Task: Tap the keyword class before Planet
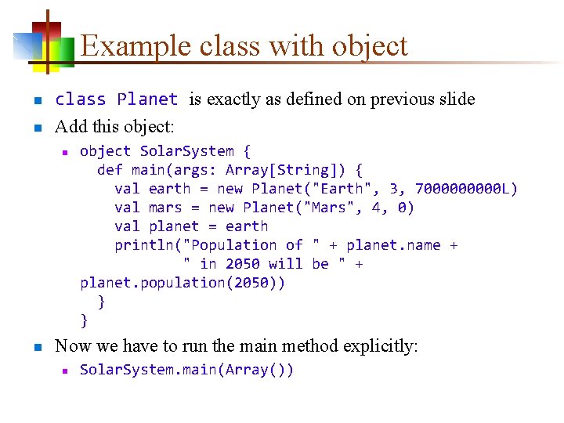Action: pyautogui.click(x=81, y=99)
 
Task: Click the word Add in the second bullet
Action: pyautogui.click(x=69, y=125)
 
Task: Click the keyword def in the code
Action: pyautogui.click(x=110, y=170)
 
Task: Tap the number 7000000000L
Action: pyautogui.click(x=466, y=189)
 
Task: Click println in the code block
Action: pyautogui.click(x=144, y=245)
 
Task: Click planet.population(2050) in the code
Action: pyautogui.click(x=183, y=283)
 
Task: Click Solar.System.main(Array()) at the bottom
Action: pyautogui.click(x=186, y=370)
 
